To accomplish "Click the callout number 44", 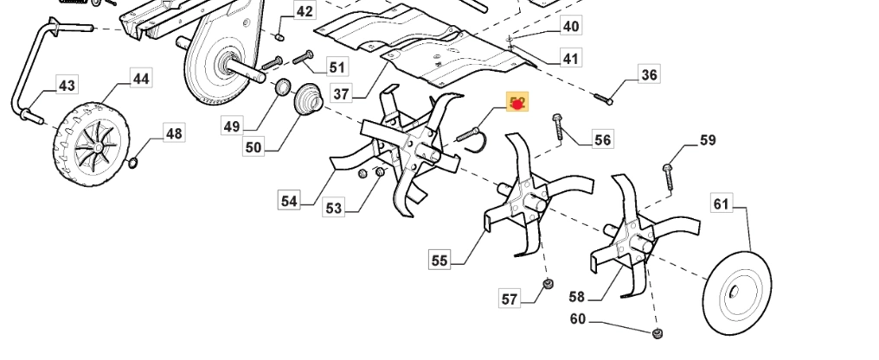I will [x=140, y=79].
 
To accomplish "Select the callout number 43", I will [x=67, y=85].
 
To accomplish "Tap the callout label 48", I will [x=174, y=133].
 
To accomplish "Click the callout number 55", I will [x=439, y=260].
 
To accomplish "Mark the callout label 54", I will [x=289, y=201].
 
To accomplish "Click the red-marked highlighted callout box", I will [x=516, y=104].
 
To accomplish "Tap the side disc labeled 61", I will [x=737, y=293].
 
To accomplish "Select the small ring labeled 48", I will [x=133, y=163].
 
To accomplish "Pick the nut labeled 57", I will [x=548, y=286].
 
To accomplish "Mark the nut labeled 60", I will [x=657, y=334].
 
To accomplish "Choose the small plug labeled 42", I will [x=279, y=36].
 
